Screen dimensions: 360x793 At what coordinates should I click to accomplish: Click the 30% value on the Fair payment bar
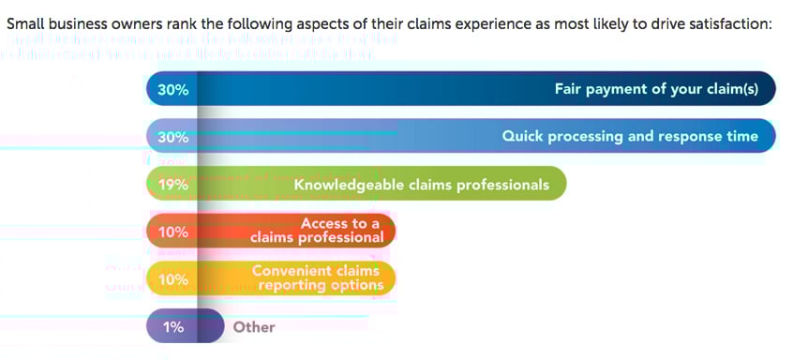pyautogui.click(x=173, y=91)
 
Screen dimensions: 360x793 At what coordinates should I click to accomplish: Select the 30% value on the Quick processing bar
pyautogui.click(x=173, y=137)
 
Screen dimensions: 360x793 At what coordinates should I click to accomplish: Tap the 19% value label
pyautogui.click(x=173, y=185)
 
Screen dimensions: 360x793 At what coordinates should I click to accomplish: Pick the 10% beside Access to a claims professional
pyautogui.click(x=173, y=232)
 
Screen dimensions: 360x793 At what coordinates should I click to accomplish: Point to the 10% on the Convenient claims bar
pyautogui.click(x=173, y=279)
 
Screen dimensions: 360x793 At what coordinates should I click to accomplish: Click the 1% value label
pyautogui.click(x=173, y=327)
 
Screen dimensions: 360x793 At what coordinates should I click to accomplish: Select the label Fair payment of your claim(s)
pyautogui.click(x=664, y=90)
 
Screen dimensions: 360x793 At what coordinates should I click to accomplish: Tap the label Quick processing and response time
pyautogui.click(x=630, y=137)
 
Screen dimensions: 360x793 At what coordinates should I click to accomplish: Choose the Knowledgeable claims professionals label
pyautogui.click(x=421, y=185)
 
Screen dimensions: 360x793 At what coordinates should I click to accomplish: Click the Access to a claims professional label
pyautogui.click(x=317, y=231)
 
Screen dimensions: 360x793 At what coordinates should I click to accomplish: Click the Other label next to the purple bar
pyautogui.click(x=254, y=327)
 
